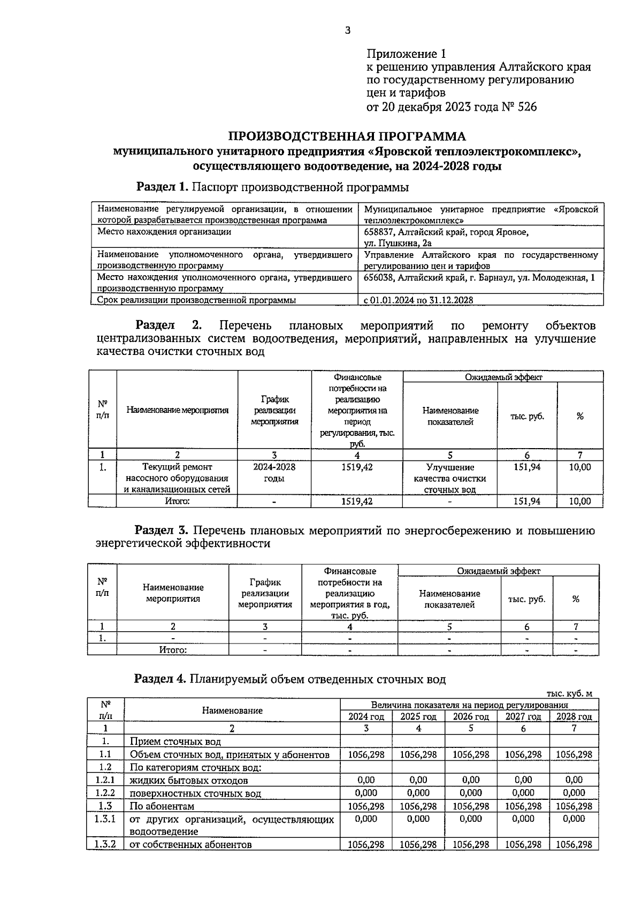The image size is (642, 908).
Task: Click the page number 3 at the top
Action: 347,31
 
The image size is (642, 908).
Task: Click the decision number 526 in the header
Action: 527,107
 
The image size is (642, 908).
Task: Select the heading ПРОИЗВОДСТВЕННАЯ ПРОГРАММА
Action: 347,137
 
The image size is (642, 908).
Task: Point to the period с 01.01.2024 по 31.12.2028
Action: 418,300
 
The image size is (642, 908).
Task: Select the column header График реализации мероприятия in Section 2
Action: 274,410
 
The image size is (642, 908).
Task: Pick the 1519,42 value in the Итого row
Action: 357,502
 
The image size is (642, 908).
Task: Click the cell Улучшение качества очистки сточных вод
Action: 449,478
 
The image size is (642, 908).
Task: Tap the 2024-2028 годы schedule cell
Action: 274,472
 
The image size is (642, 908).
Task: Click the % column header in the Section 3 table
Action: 576,599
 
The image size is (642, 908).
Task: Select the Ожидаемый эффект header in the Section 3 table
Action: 498,571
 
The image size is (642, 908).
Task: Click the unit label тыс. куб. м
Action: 569,694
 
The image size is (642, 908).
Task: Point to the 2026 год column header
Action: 471,717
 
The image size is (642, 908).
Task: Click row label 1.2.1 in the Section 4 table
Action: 105,780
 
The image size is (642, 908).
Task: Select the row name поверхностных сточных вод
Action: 195,793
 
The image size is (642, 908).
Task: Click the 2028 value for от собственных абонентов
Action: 574,844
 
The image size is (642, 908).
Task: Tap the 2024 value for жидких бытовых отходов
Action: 366,780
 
